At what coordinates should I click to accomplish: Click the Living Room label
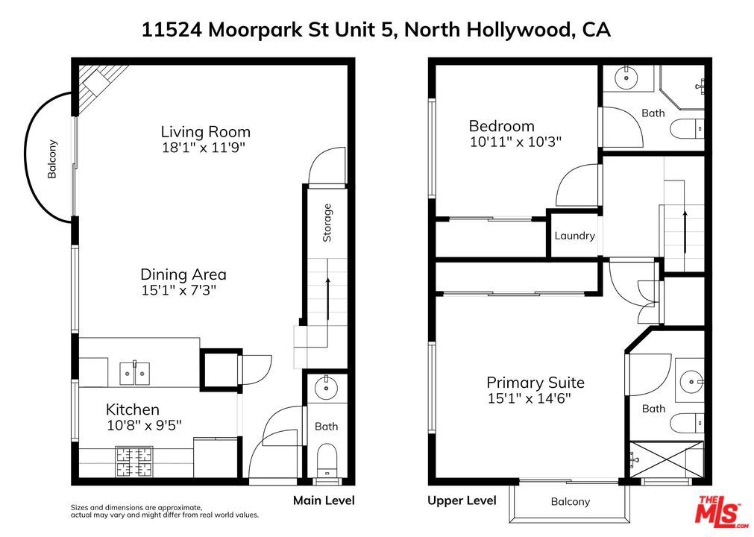tap(205, 132)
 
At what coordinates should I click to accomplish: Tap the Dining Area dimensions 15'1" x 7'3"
tap(179, 290)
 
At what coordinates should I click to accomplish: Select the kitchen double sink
tap(135, 374)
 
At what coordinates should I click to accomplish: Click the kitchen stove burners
tap(134, 461)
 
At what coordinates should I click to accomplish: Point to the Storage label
tap(327, 222)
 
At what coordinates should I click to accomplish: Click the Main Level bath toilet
tap(327, 459)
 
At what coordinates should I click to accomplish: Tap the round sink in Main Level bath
tap(327, 387)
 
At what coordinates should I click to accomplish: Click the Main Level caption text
tap(324, 500)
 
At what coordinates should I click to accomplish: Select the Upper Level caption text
tap(462, 501)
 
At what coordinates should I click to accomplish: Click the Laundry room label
tap(575, 236)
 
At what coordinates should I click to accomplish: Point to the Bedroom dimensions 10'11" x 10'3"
tap(515, 142)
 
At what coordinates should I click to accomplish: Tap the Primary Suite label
tap(535, 383)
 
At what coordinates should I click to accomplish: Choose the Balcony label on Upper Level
tap(571, 502)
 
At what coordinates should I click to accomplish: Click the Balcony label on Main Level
tap(52, 159)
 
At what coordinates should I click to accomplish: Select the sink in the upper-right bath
tap(626, 78)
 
